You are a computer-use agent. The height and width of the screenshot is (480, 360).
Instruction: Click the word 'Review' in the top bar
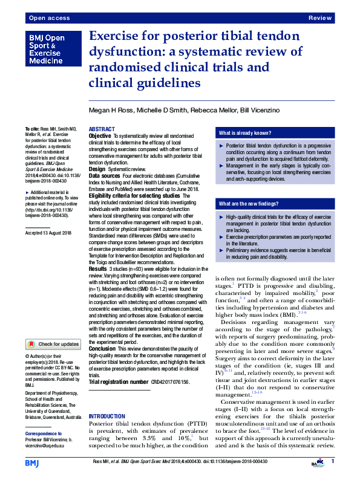tap(320, 19)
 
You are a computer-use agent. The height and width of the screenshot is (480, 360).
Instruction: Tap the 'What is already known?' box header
tap(245, 133)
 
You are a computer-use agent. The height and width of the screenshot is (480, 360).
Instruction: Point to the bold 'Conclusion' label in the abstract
tap(102, 349)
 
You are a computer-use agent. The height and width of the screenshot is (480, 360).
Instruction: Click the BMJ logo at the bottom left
tap(33, 462)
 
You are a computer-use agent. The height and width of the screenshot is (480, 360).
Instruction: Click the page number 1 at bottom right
tap(333, 461)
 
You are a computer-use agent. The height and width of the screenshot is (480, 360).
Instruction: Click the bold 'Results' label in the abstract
tap(98, 268)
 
